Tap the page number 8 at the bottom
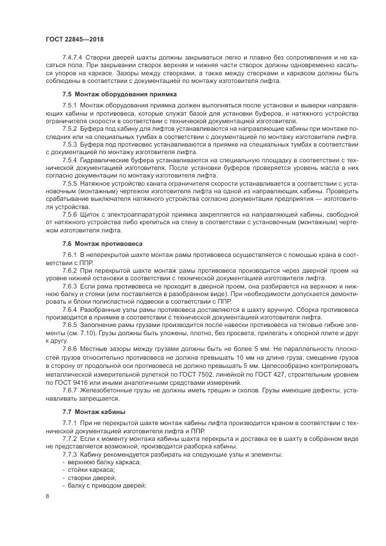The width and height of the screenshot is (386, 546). click(48, 496)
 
